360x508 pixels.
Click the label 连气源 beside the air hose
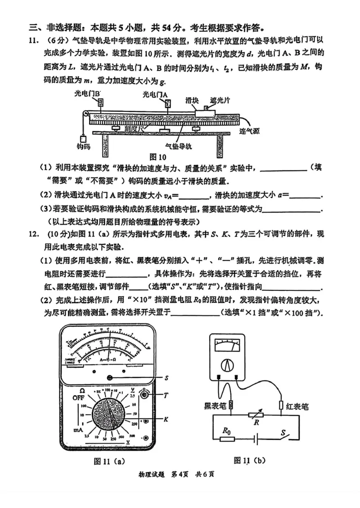pyautogui.click(x=251, y=131)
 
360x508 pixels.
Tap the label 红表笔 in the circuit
pyautogui.click(x=298, y=406)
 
